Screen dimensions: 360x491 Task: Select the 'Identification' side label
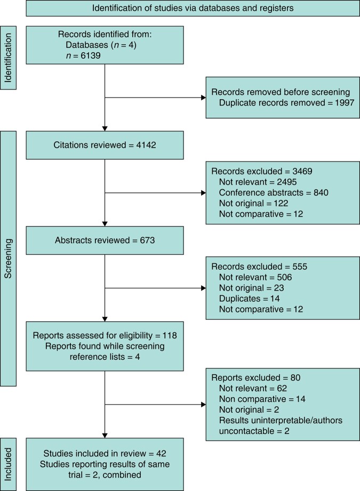coord(8,58)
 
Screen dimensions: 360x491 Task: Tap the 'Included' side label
coord(8,464)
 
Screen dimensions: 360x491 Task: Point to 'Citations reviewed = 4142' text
coord(105,145)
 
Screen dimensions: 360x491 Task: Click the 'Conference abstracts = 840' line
coord(274,192)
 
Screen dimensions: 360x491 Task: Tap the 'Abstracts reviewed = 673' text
coord(105,240)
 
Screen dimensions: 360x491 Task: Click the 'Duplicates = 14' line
coord(250,299)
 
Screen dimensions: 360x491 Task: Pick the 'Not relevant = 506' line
coord(255,277)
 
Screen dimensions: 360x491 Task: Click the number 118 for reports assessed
coord(170,335)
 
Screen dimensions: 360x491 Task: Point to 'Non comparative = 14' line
coord(262,399)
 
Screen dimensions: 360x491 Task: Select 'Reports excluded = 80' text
coord(255,377)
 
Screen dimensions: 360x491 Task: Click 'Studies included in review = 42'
coord(105,454)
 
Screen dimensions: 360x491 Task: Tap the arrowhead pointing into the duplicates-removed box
coord(203,98)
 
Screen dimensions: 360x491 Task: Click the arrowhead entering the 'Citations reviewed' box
coord(105,128)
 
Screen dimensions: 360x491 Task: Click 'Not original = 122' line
coord(253,203)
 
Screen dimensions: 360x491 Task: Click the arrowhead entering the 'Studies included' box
coord(105,436)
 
